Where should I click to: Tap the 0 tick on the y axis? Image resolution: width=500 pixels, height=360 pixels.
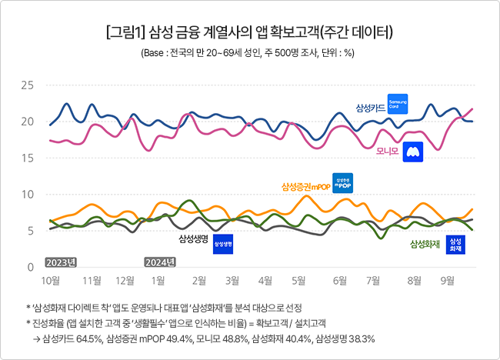pos(30,266)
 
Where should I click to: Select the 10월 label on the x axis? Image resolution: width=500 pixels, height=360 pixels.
pos(51,280)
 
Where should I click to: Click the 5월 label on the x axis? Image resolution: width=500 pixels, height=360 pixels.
pos(299,280)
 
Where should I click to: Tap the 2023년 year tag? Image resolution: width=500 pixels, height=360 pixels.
pos(62,262)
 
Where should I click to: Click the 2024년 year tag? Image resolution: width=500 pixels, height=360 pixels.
pos(161,262)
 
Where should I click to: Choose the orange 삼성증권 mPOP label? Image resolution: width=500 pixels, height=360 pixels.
pos(306,186)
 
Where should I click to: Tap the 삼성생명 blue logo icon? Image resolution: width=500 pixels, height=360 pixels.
pos(222,244)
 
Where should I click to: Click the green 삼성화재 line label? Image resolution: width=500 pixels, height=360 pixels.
pos(425,244)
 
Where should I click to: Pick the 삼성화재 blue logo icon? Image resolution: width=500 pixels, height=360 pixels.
pos(456,245)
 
